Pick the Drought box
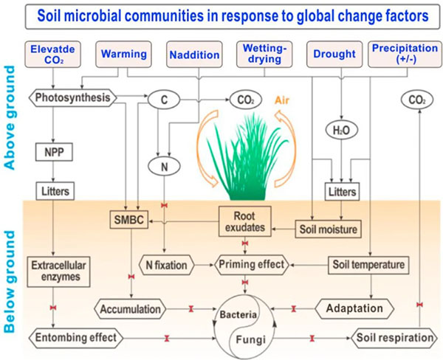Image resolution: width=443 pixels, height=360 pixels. tap(334, 55)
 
